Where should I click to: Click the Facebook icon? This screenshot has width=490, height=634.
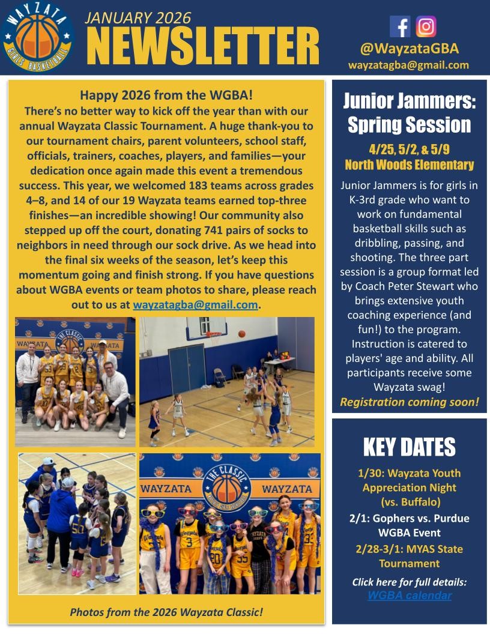[x=400, y=26]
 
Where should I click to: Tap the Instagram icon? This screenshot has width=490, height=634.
[x=426, y=26]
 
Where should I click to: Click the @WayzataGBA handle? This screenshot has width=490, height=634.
[x=409, y=49]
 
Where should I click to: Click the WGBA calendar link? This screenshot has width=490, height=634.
[x=409, y=596]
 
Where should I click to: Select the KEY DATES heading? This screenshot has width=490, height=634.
[x=409, y=447]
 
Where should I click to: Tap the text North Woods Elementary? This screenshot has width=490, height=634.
[x=409, y=165]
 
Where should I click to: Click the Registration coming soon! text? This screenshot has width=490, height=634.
[x=409, y=402]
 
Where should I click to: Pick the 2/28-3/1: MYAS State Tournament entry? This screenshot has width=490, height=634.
[x=409, y=556]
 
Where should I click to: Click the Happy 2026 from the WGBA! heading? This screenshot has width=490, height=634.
[x=166, y=95]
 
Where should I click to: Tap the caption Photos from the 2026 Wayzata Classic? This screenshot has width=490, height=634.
[x=166, y=612]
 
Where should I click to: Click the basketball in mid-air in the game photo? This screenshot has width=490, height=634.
[x=241, y=333]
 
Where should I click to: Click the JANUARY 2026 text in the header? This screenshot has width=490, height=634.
[x=138, y=17]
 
